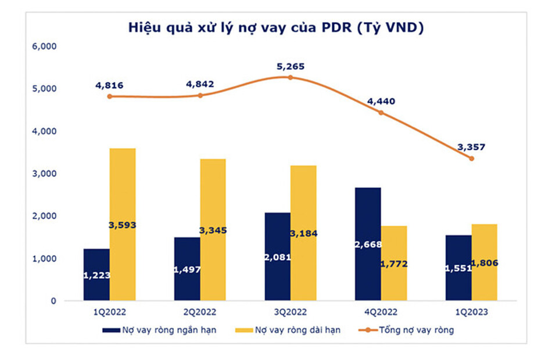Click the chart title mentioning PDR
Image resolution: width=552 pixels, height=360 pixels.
click(x=276, y=27)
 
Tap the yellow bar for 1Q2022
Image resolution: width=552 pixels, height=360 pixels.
click(x=123, y=224)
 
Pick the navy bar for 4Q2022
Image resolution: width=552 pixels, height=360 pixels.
click(x=368, y=244)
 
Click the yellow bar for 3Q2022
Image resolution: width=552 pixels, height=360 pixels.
click(x=303, y=233)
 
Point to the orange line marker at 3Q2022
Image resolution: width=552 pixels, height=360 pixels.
click(x=291, y=77)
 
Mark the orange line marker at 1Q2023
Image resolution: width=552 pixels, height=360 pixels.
click(x=471, y=158)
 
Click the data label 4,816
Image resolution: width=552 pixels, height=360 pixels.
click(x=109, y=85)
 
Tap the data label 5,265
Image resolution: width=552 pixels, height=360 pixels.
click(x=291, y=66)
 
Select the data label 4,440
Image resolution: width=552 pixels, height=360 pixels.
click(x=381, y=101)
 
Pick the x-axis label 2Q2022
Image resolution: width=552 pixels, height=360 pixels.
click(x=200, y=312)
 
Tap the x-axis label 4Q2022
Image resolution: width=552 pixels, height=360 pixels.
click(x=381, y=312)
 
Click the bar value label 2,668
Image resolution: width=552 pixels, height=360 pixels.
click(x=367, y=244)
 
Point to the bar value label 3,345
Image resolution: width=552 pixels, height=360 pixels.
click(x=213, y=231)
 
